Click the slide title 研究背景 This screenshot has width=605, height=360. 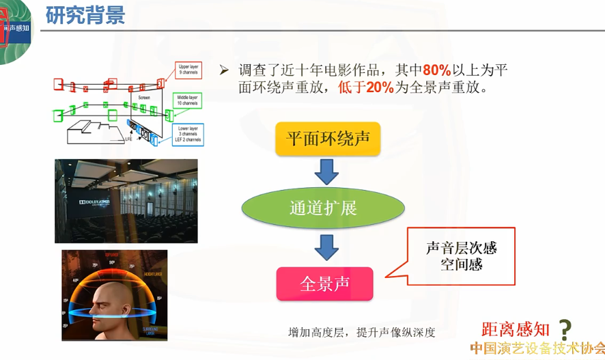85,15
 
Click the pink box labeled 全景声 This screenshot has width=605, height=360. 324,283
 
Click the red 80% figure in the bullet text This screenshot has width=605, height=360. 437,70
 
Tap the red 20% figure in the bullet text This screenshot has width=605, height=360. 380,87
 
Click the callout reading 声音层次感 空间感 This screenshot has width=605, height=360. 462,255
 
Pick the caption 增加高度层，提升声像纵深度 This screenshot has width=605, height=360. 361,333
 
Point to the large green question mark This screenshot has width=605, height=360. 565,330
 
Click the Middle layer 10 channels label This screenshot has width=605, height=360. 188,101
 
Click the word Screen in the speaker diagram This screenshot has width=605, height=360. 143,98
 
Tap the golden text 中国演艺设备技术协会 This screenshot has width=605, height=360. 537,348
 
